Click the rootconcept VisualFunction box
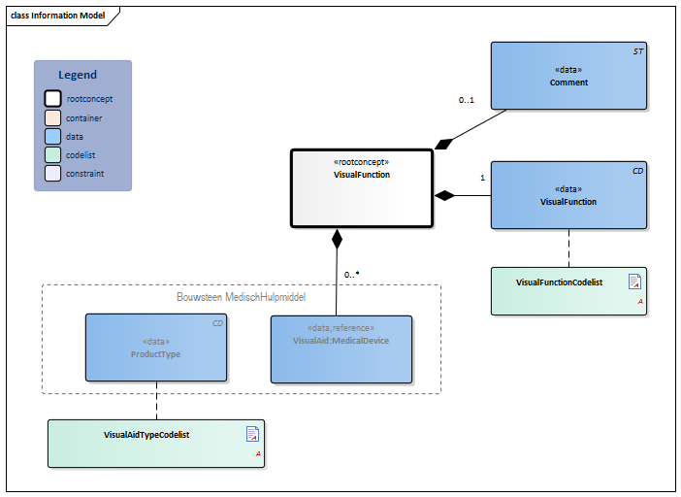[361, 188]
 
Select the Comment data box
[568, 76]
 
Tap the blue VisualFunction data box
[568, 195]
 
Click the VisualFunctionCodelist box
[568, 290]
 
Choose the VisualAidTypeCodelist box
[155, 443]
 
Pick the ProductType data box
[155, 348]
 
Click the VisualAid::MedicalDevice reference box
[340, 348]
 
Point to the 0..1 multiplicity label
[467, 100]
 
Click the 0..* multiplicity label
[351, 275]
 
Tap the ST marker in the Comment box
[637, 50]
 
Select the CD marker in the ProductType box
[218, 322]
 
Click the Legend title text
[78, 75]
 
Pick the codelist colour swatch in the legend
[52, 155]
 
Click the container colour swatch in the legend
[52, 117]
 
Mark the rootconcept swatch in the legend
[52, 99]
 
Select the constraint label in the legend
[84, 174]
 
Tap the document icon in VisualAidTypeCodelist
[252, 434]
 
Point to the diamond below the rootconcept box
[337, 237]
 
